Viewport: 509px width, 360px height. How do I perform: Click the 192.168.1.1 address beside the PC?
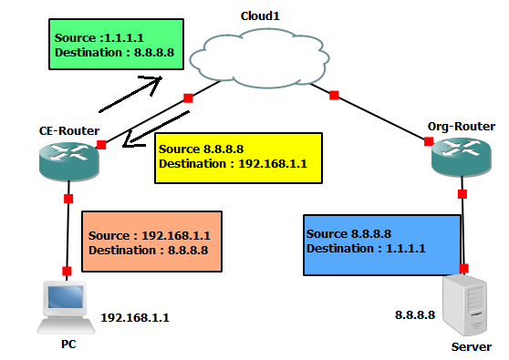click(134, 319)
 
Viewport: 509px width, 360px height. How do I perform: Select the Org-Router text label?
click(461, 124)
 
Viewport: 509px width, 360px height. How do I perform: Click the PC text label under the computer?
click(68, 345)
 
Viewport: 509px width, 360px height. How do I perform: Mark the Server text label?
click(472, 347)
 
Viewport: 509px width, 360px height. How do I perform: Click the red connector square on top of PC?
click(67, 271)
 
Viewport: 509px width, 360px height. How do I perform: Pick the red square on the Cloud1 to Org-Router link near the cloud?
click(335, 95)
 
